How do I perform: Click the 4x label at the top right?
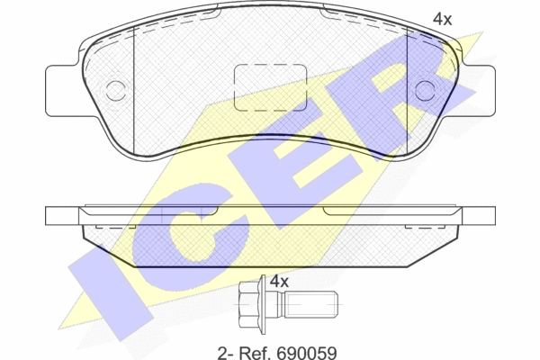point(442,19)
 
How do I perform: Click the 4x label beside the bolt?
point(279,282)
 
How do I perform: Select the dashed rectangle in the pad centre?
point(270,87)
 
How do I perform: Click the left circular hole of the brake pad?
point(115,91)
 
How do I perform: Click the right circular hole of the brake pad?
point(426,91)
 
